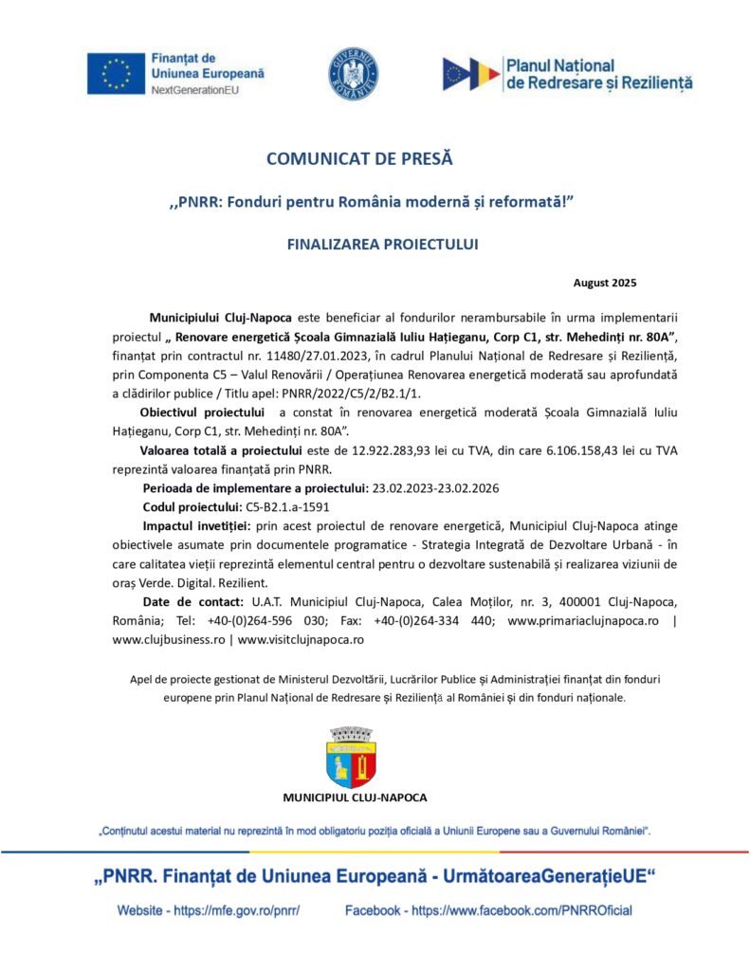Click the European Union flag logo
(116, 73)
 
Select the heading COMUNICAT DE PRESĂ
(359, 159)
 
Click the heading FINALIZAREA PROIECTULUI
(382, 244)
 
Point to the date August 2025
(604, 283)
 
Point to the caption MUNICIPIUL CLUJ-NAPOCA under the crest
(355, 797)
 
